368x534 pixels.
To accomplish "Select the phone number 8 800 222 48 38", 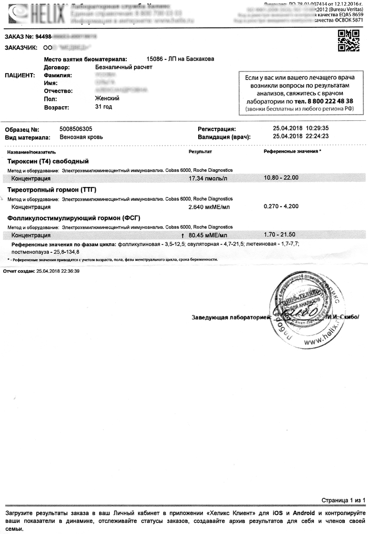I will [x=324, y=101].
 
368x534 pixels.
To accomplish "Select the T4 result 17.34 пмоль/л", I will [x=208, y=178].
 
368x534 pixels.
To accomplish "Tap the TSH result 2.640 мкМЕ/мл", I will [x=209, y=207].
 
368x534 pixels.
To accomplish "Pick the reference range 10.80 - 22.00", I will [x=281, y=178].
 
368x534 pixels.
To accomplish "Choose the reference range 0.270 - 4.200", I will [x=281, y=206].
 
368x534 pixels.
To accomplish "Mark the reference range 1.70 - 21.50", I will [x=280, y=234].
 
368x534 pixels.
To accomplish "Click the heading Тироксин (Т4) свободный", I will [x=48, y=161].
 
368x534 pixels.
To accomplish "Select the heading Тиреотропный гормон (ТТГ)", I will [x=52, y=189].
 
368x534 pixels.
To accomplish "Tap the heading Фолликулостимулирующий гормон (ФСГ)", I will [x=74, y=218].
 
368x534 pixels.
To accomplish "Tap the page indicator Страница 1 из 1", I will [x=342, y=501].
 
